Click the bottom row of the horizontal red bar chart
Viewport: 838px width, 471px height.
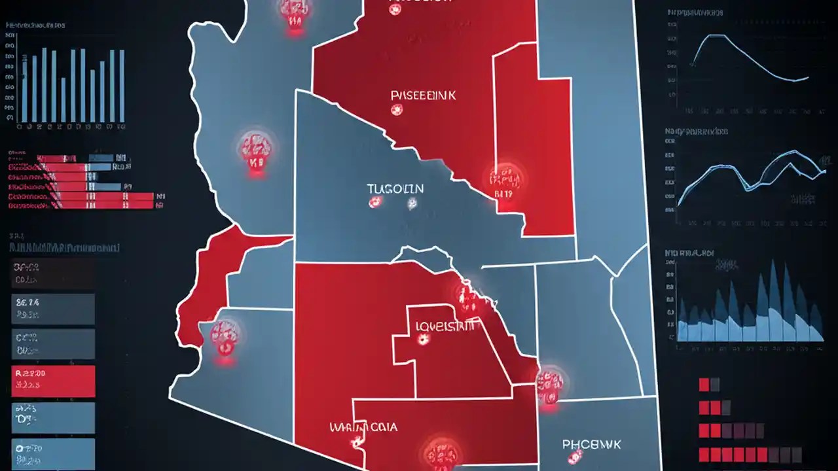pyautogui.click(x=82, y=205)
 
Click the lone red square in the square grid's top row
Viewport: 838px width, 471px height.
pyautogui.click(x=704, y=384)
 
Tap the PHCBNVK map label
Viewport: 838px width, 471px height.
pyautogui.click(x=591, y=445)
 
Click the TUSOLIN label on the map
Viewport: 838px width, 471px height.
pyautogui.click(x=395, y=189)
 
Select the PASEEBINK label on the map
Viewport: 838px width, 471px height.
pyautogui.click(x=423, y=96)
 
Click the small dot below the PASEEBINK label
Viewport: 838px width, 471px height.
pyautogui.click(x=395, y=111)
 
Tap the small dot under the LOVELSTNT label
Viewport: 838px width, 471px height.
pyautogui.click(x=423, y=340)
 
